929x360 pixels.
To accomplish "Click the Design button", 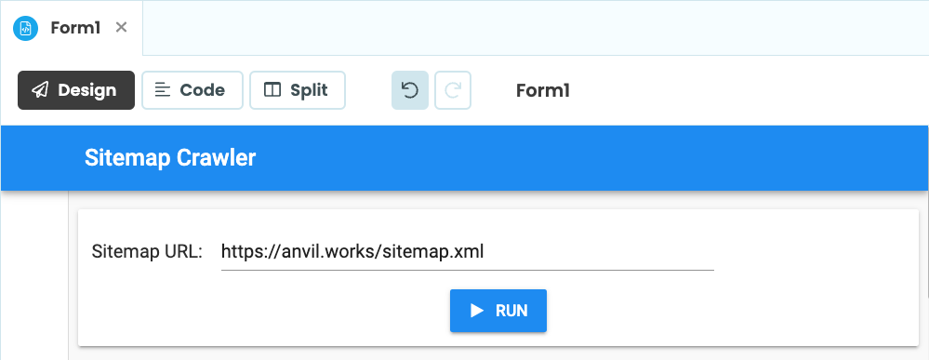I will (x=76, y=90).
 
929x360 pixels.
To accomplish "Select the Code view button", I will (x=192, y=90).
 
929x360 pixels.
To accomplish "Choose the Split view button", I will (x=297, y=90).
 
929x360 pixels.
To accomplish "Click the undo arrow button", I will (x=410, y=90).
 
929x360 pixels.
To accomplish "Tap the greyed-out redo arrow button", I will (x=453, y=90).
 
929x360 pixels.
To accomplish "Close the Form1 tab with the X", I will (x=121, y=27).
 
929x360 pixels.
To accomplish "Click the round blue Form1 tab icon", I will (x=25, y=28).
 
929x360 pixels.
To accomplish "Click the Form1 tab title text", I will (x=76, y=27).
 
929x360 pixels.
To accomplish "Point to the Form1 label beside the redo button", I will (x=542, y=90).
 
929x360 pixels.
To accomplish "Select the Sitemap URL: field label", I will (x=147, y=251).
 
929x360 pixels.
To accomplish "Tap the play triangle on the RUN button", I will (x=477, y=311).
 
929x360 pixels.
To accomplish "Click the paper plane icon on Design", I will (x=40, y=90).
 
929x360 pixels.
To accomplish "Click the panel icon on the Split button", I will (x=272, y=90).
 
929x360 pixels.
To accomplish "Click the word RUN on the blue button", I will (x=511, y=311).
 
